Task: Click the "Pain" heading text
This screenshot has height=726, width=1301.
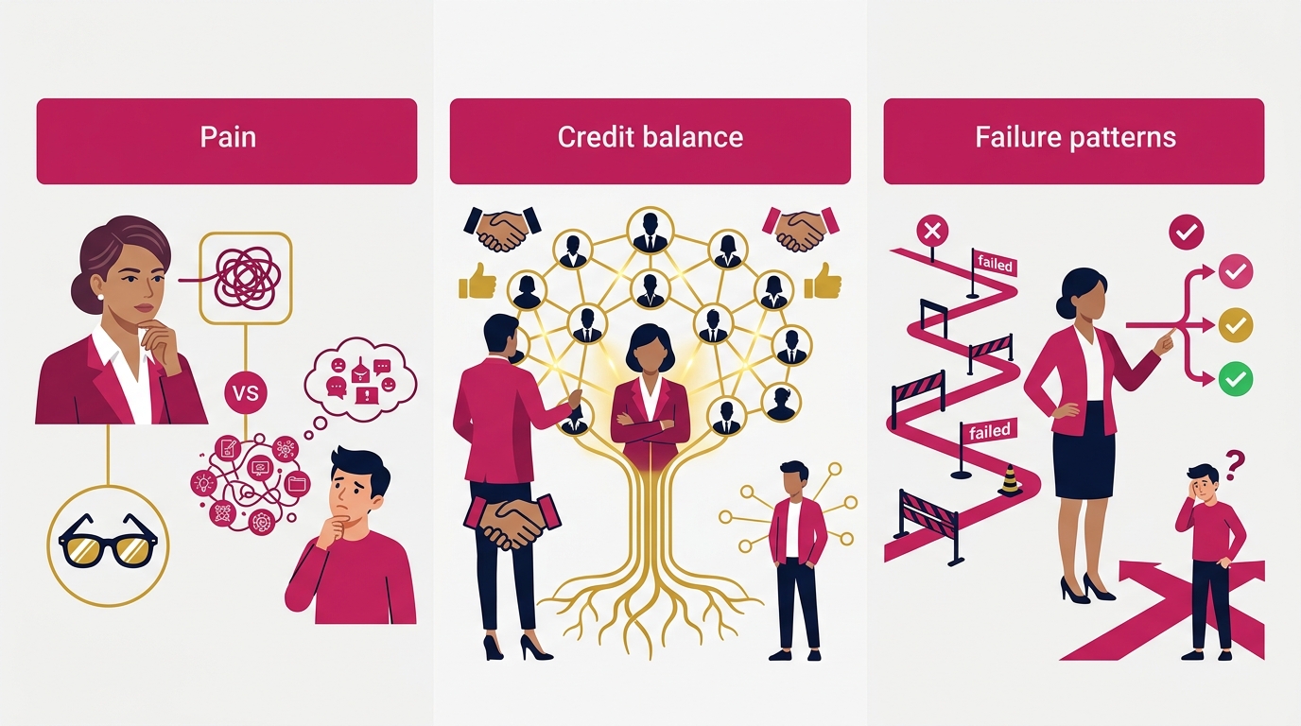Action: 228,137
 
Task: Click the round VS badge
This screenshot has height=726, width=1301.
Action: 246,393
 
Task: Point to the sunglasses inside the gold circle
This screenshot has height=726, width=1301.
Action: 108,542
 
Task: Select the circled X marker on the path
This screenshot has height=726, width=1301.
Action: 932,232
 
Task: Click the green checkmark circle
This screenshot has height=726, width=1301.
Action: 1236,379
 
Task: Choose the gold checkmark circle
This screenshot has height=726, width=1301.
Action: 1236,324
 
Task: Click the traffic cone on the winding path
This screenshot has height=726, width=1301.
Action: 1011,481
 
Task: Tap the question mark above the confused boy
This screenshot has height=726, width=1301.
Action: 1236,466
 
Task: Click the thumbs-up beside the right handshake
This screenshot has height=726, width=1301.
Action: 823,281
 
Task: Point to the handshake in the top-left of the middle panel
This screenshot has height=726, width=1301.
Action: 502,229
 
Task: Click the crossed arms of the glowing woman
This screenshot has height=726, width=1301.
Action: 650,423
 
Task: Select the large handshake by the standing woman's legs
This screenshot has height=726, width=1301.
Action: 512,521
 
